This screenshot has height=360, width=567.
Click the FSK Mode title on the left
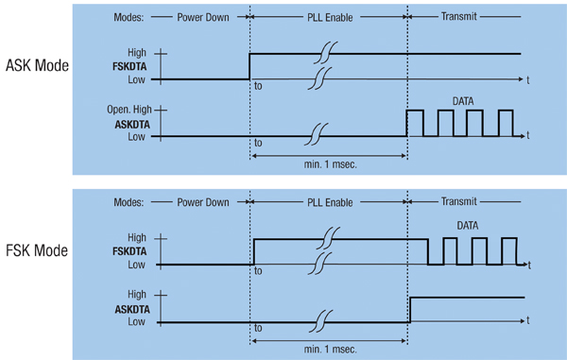pos(36,253)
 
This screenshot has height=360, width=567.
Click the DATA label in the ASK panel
pos(463,98)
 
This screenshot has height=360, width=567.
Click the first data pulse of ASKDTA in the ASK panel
pos(415,123)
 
